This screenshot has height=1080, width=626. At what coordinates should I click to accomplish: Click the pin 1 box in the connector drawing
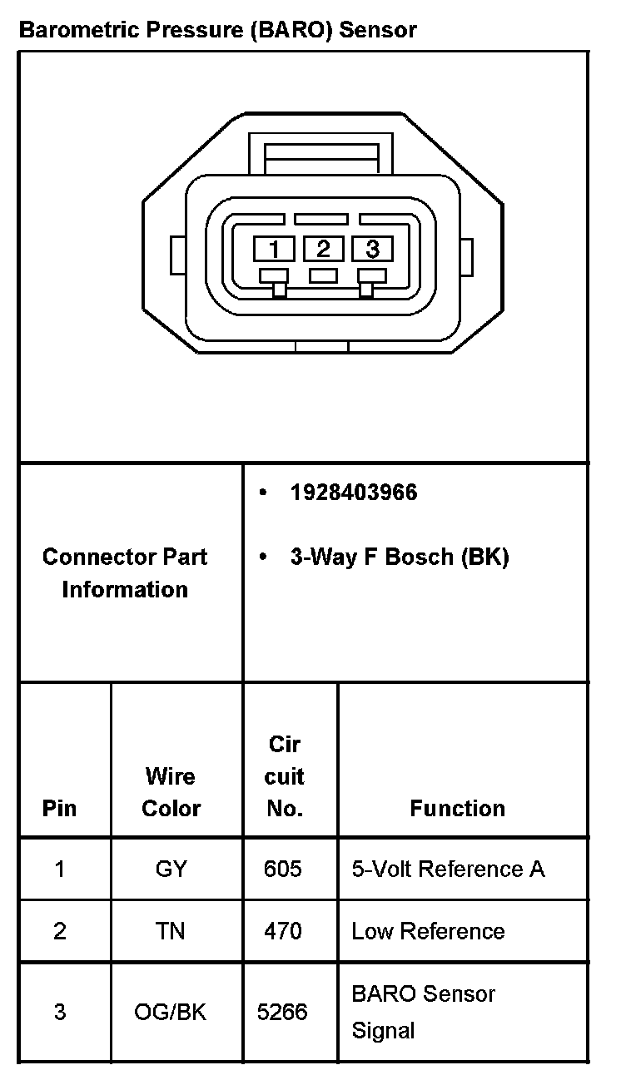pyautogui.click(x=274, y=248)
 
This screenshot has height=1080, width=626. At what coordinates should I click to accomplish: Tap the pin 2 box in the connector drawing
pyautogui.click(x=323, y=248)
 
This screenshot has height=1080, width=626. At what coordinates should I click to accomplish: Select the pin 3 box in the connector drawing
pyautogui.click(x=372, y=248)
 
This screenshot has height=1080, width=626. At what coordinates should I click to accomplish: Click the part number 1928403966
pyautogui.click(x=353, y=493)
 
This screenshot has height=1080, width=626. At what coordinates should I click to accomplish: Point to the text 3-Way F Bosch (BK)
pyautogui.click(x=399, y=557)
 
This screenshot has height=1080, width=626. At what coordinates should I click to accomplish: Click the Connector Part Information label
pyautogui.click(x=125, y=573)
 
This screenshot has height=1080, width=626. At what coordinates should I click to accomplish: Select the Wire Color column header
pyautogui.click(x=171, y=792)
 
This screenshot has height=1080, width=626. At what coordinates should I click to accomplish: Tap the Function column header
pyautogui.click(x=457, y=808)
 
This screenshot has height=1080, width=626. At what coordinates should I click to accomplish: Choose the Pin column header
pyautogui.click(x=59, y=808)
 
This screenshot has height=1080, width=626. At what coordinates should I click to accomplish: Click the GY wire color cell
pyautogui.click(x=171, y=869)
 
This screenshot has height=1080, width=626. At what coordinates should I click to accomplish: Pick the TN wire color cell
pyautogui.click(x=171, y=931)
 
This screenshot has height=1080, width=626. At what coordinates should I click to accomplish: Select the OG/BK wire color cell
pyautogui.click(x=171, y=1012)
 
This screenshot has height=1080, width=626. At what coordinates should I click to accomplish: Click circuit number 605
pyautogui.click(x=283, y=869)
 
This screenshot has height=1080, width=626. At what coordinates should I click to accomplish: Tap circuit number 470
pyautogui.click(x=283, y=931)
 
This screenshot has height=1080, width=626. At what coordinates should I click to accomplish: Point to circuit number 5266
pyautogui.click(x=283, y=1012)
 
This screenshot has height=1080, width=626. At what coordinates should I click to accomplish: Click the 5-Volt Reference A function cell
pyautogui.click(x=448, y=869)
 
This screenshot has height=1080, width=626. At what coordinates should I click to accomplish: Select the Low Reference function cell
pyautogui.click(x=428, y=931)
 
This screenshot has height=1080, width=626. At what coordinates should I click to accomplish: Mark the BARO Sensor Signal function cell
pyautogui.click(x=423, y=1012)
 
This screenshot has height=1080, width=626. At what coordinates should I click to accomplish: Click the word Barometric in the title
pyautogui.click(x=75, y=31)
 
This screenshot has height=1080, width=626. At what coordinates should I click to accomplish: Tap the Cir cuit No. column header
pyautogui.click(x=285, y=776)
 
